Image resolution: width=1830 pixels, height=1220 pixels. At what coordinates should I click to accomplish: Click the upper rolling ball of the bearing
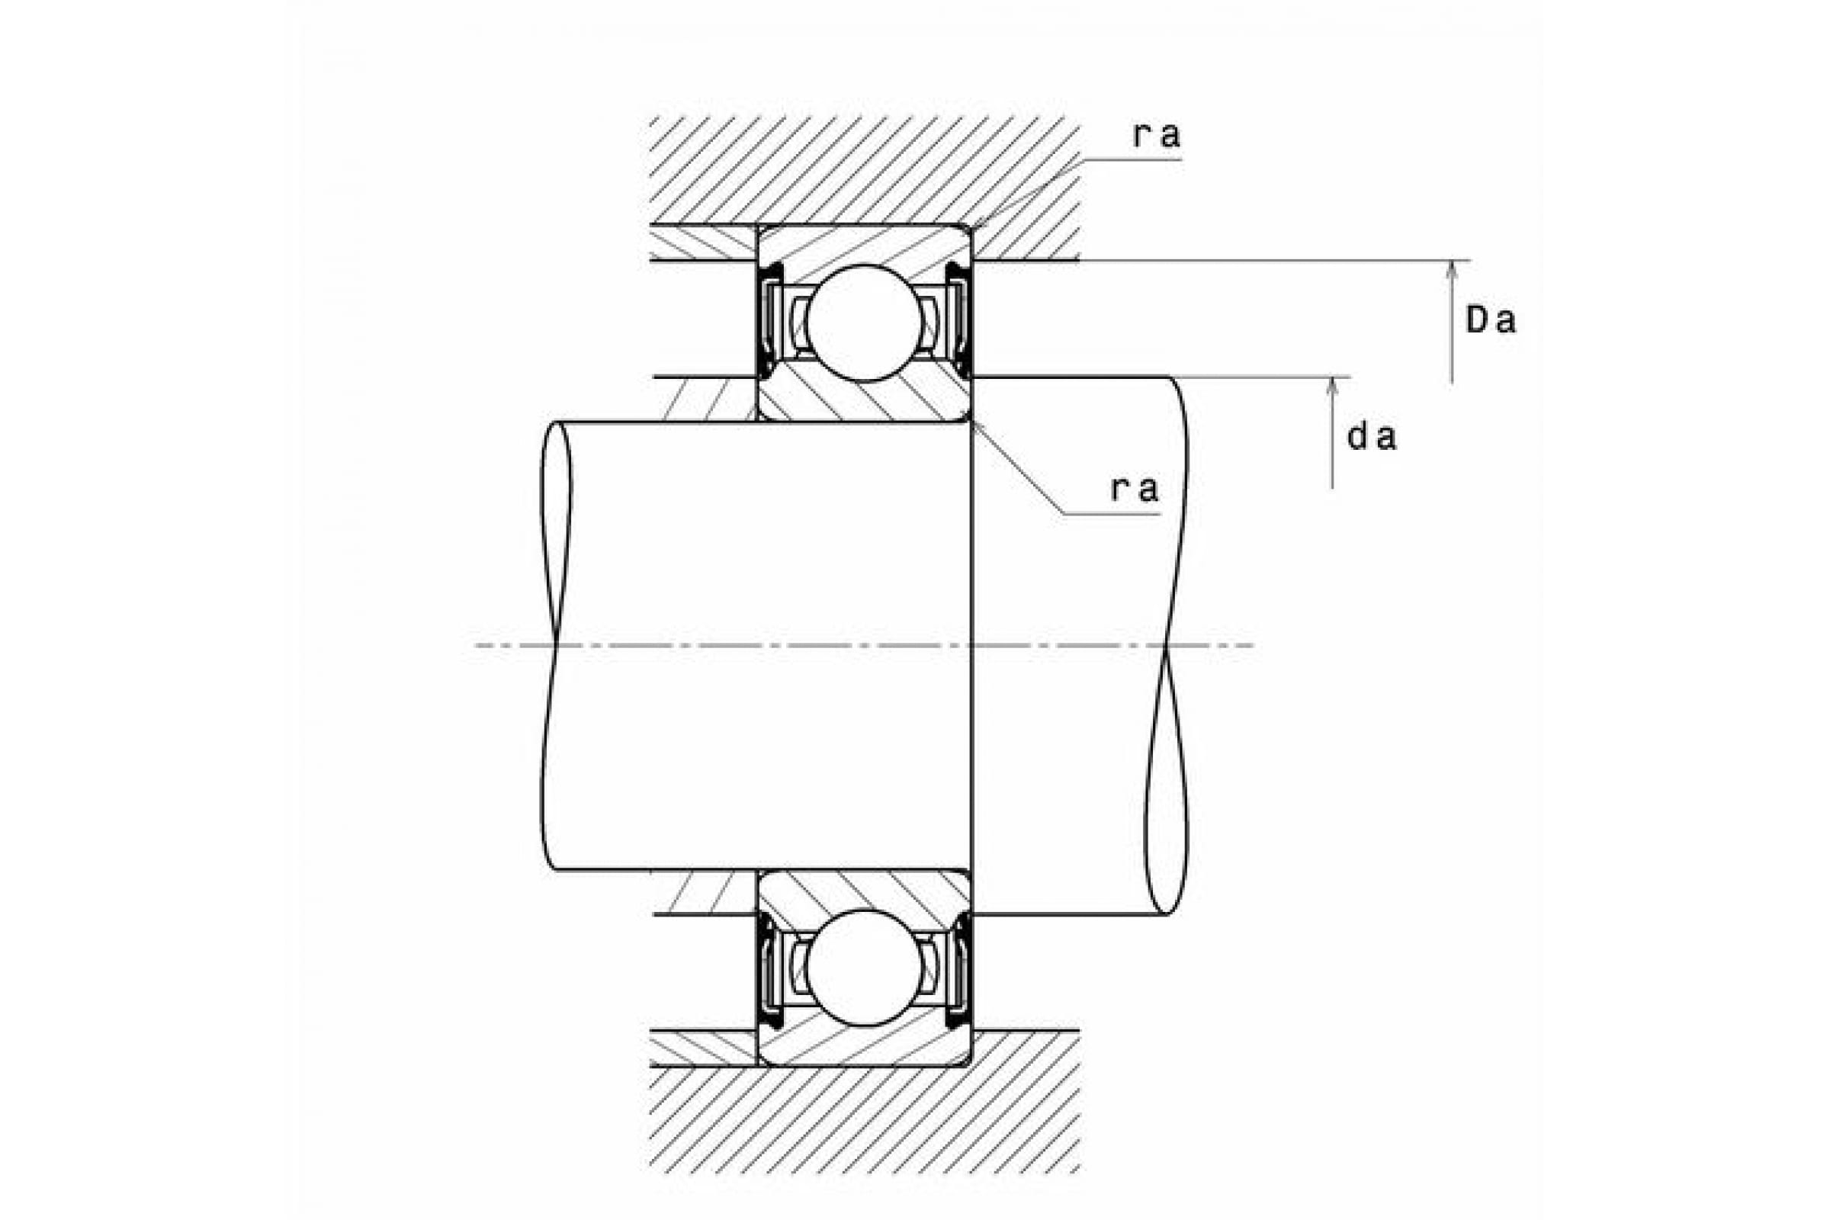coord(864,323)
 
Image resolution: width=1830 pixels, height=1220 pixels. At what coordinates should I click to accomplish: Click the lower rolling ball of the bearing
coord(864,968)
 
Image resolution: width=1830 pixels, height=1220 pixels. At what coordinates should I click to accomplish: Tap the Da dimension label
coord(1491,319)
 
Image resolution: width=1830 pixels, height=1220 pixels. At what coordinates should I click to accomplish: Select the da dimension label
coord(1372,437)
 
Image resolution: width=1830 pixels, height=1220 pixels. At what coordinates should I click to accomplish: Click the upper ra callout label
coord(1157,135)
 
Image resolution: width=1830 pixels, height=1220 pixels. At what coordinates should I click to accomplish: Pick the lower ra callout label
coord(1135,489)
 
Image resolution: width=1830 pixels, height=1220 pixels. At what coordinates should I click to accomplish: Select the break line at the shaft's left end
coord(556,645)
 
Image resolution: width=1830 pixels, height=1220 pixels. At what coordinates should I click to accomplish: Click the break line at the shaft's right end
coord(1167,645)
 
